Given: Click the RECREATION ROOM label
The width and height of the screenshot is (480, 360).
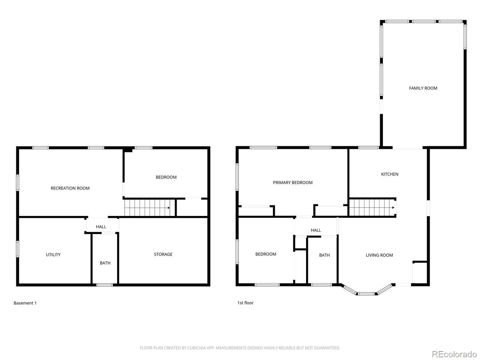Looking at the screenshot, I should click(70, 188).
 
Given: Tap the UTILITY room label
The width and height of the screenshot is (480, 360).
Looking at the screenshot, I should click(53, 255).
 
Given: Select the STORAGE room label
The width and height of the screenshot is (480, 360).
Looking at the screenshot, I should click(163, 254).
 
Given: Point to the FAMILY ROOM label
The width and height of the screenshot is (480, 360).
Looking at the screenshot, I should click(423, 88).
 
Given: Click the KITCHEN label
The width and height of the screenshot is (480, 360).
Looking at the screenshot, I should click(390, 174).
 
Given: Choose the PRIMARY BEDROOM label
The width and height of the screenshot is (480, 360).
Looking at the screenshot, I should click(292, 183).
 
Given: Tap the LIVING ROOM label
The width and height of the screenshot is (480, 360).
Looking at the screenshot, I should click(379, 255).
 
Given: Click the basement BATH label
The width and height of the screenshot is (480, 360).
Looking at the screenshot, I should click(105, 263).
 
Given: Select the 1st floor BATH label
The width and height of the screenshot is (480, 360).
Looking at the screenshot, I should click(324, 255).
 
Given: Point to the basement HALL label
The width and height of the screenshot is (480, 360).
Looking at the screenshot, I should click(101, 226).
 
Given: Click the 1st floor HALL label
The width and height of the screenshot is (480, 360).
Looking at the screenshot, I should click(316, 230).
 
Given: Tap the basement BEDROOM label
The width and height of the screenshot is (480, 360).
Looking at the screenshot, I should click(166, 177).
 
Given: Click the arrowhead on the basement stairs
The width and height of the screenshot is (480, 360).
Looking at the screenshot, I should click(169, 207).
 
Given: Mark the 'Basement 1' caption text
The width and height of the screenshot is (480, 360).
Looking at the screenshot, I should click(25, 303).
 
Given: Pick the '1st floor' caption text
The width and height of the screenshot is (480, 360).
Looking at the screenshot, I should click(245, 303).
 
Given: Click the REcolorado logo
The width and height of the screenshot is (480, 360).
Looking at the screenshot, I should click(454, 354).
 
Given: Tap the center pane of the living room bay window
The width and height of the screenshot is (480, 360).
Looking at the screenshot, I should click(366, 294).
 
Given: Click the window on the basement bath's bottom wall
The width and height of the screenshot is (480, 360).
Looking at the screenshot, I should click(105, 285).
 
